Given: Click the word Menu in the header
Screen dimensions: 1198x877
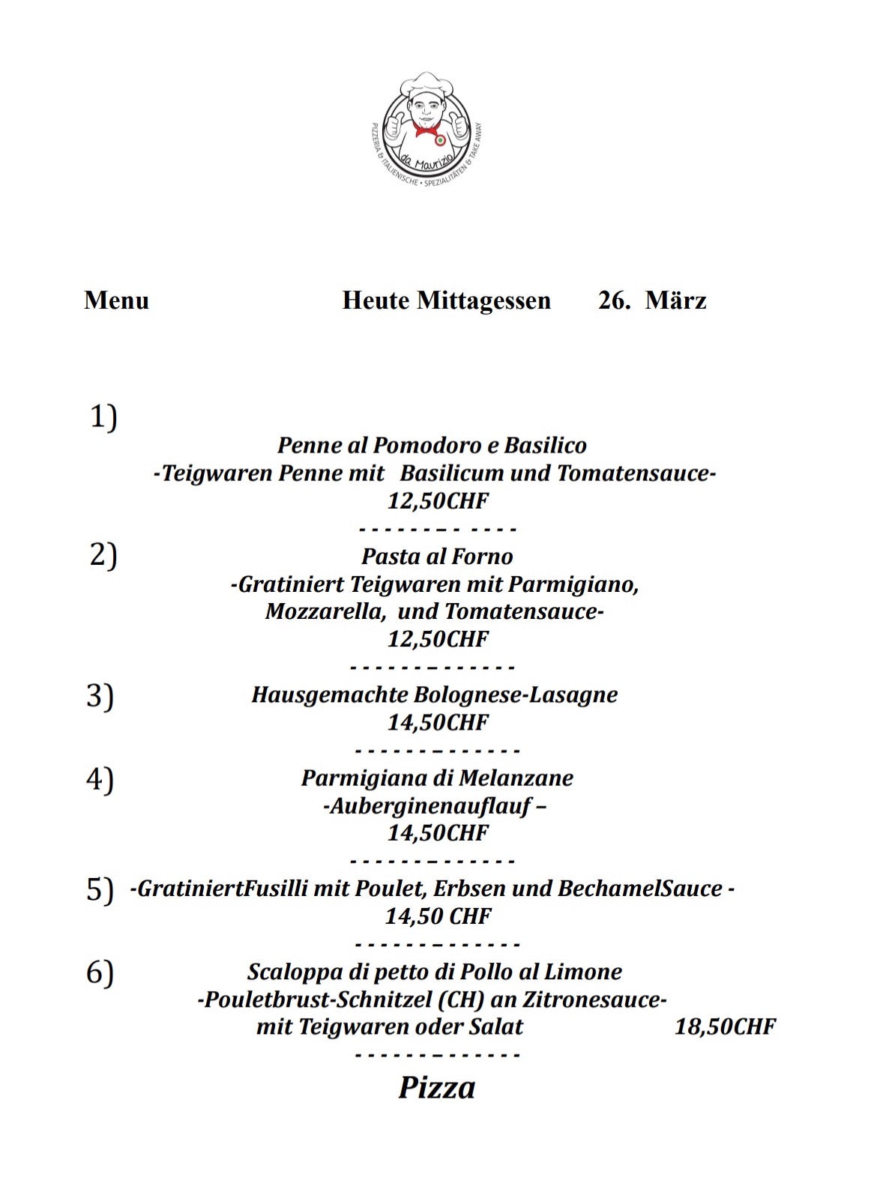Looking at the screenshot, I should click(117, 300).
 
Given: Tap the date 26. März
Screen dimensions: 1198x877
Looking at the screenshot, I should click(652, 300).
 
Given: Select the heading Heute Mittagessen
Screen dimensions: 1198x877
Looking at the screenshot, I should click(446, 300).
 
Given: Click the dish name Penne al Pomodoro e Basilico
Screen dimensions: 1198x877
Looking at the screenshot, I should click(432, 446).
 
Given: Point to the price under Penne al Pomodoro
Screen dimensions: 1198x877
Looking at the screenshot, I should click(438, 500).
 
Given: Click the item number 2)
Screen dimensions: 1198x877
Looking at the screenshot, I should click(103, 555).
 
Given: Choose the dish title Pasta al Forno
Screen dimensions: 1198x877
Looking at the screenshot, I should click(437, 557).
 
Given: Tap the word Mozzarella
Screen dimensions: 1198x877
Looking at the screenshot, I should click(325, 611).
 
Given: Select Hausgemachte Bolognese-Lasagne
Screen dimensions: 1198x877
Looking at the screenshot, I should click(435, 695).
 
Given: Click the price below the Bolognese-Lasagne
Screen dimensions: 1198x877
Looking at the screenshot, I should click(438, 722).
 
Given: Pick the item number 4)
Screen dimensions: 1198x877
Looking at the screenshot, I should click(100, 779).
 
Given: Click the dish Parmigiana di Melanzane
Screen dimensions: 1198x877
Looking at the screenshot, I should click(437, 778).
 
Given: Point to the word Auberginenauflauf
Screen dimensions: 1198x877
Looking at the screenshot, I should click(430, 806).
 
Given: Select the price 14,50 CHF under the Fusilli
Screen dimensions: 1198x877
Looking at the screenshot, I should click(438, 916).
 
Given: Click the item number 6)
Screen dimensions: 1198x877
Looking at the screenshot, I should click(100, 972).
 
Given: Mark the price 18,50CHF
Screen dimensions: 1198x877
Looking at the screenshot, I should click(725, 1026).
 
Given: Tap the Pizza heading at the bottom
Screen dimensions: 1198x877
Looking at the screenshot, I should click(436, 1088).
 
